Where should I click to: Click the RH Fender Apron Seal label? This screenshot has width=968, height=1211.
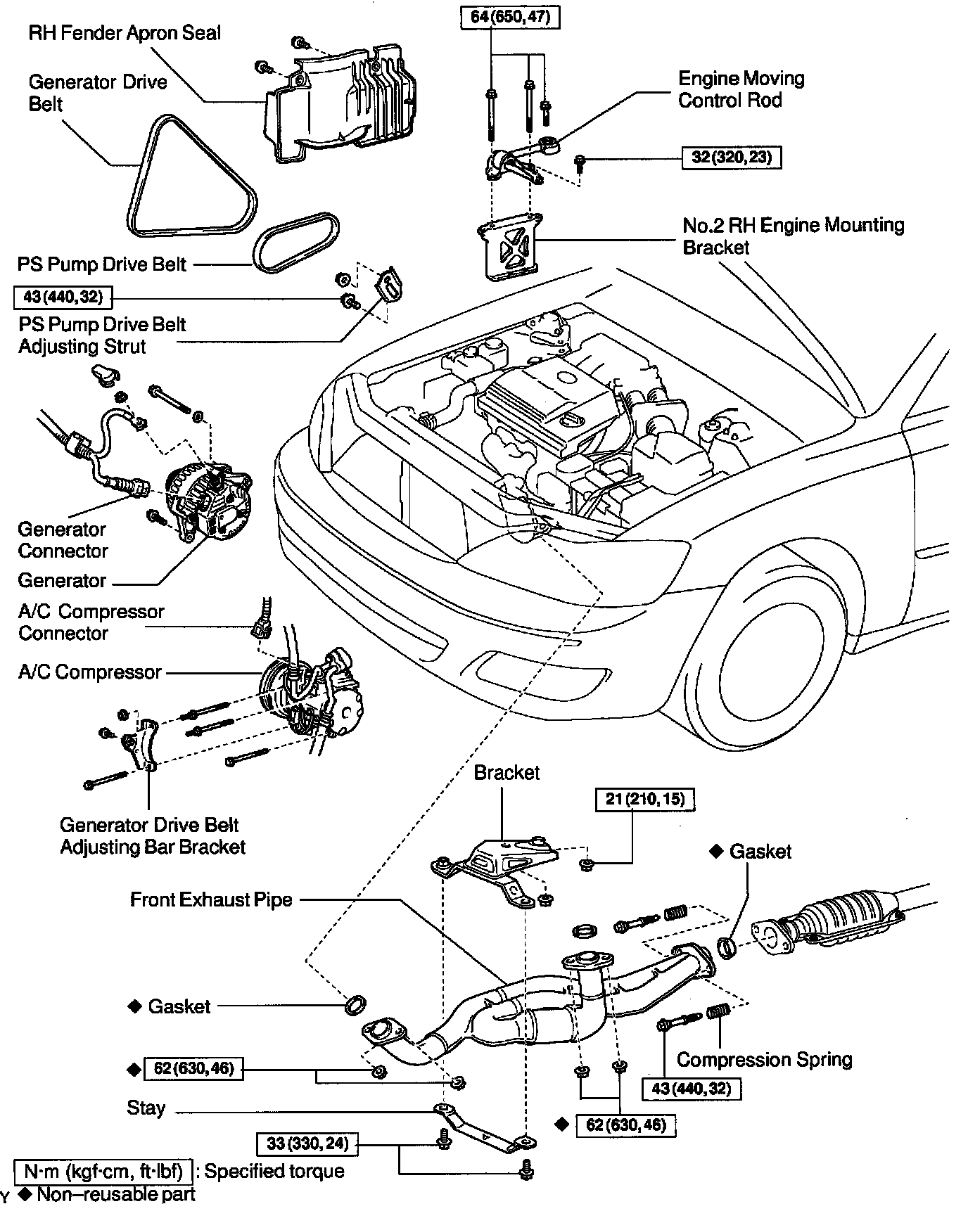tap(125, 33)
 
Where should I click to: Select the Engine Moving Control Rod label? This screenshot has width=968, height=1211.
tap(740, 89)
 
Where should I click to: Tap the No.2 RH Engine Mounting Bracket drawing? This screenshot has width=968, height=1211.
tap(512, 247)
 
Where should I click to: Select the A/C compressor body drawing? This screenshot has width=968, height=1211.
tap(313, 698)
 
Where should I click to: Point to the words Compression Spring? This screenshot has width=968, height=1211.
tap(764, 1059)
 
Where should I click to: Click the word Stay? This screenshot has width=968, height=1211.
tap(146, 1108)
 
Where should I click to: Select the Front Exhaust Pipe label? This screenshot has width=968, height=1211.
tap(211, 899)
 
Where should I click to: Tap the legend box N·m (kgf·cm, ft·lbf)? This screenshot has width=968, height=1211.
tap(103, 1172)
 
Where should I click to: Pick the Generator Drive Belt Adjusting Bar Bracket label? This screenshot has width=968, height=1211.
tap(153, 835)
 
